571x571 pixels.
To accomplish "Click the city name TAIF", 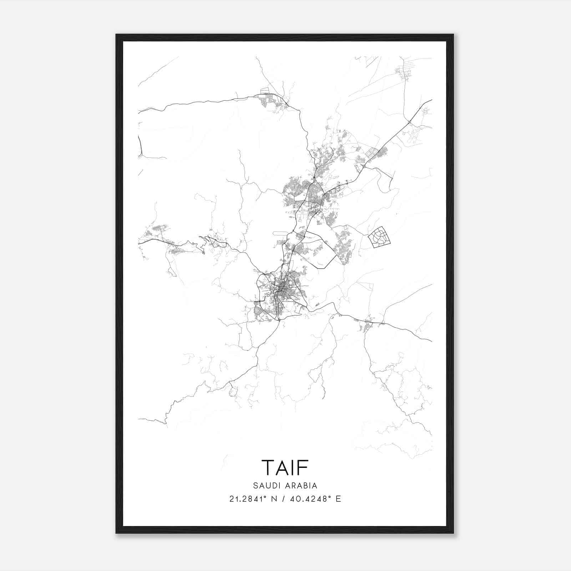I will [x=285, y=467].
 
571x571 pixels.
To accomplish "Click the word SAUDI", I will [x=266, y=486].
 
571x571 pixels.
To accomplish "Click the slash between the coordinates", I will [x=283, y=499].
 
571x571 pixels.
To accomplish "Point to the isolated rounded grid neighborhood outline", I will [x=379, y=237].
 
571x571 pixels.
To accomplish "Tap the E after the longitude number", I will [x=338, y=499].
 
